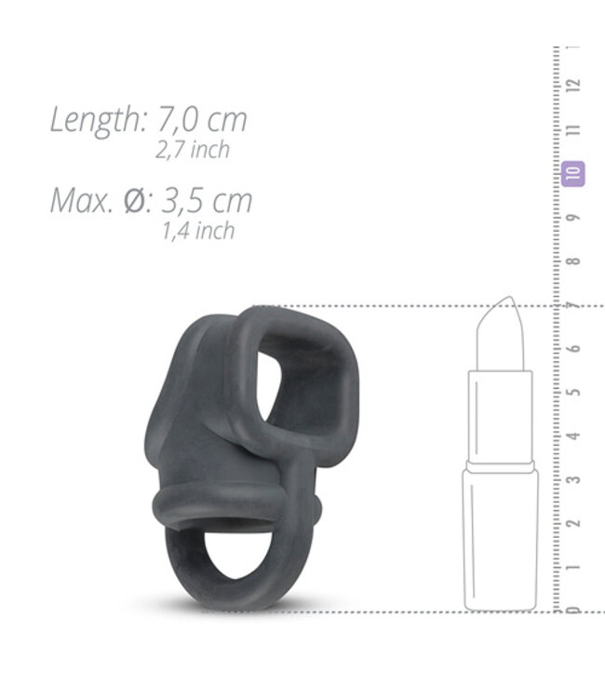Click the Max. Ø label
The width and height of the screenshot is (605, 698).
coord(96,200)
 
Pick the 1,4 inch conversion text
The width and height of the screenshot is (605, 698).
coord(197,231)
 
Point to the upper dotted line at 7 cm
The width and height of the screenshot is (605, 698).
coord(391,305)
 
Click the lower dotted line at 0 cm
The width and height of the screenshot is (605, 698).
coord(391,611)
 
